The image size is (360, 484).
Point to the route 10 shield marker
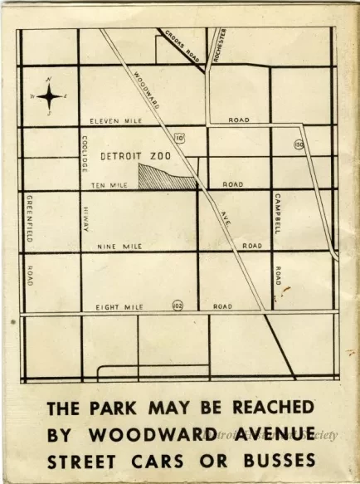pyautogui.click(x=179, y=137)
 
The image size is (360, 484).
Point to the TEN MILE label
pyautogui.click(x=108, y=185)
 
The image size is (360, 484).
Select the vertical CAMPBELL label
pyautogui.click(x=277, y=213)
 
